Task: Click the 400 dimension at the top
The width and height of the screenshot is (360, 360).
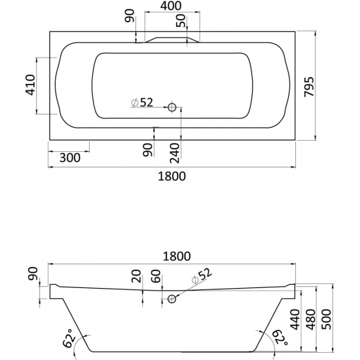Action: pyautogui.click(x=171, y=6)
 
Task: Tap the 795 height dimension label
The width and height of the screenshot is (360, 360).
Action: pyautogui.click(x=309, y=87)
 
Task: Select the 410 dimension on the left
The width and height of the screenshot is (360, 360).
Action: pyautogui.click(x=30, y=84)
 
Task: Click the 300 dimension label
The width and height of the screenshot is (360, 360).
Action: pyautogui.click(x=70, y=158)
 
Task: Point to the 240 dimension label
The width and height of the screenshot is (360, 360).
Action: pyautogui.click(x=175, y=153)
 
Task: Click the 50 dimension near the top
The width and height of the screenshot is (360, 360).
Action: pyautogui.click(x=181, y=21)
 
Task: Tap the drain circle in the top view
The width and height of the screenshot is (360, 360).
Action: pyautogui.click(x=171, y=107)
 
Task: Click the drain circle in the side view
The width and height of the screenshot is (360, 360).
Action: pyautogui.click(x=171, y=298)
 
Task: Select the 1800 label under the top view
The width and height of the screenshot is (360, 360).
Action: pyautogui.click(x=171, y=176)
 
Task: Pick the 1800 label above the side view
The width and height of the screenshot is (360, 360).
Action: pyautogui.click(x=177, y=256)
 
